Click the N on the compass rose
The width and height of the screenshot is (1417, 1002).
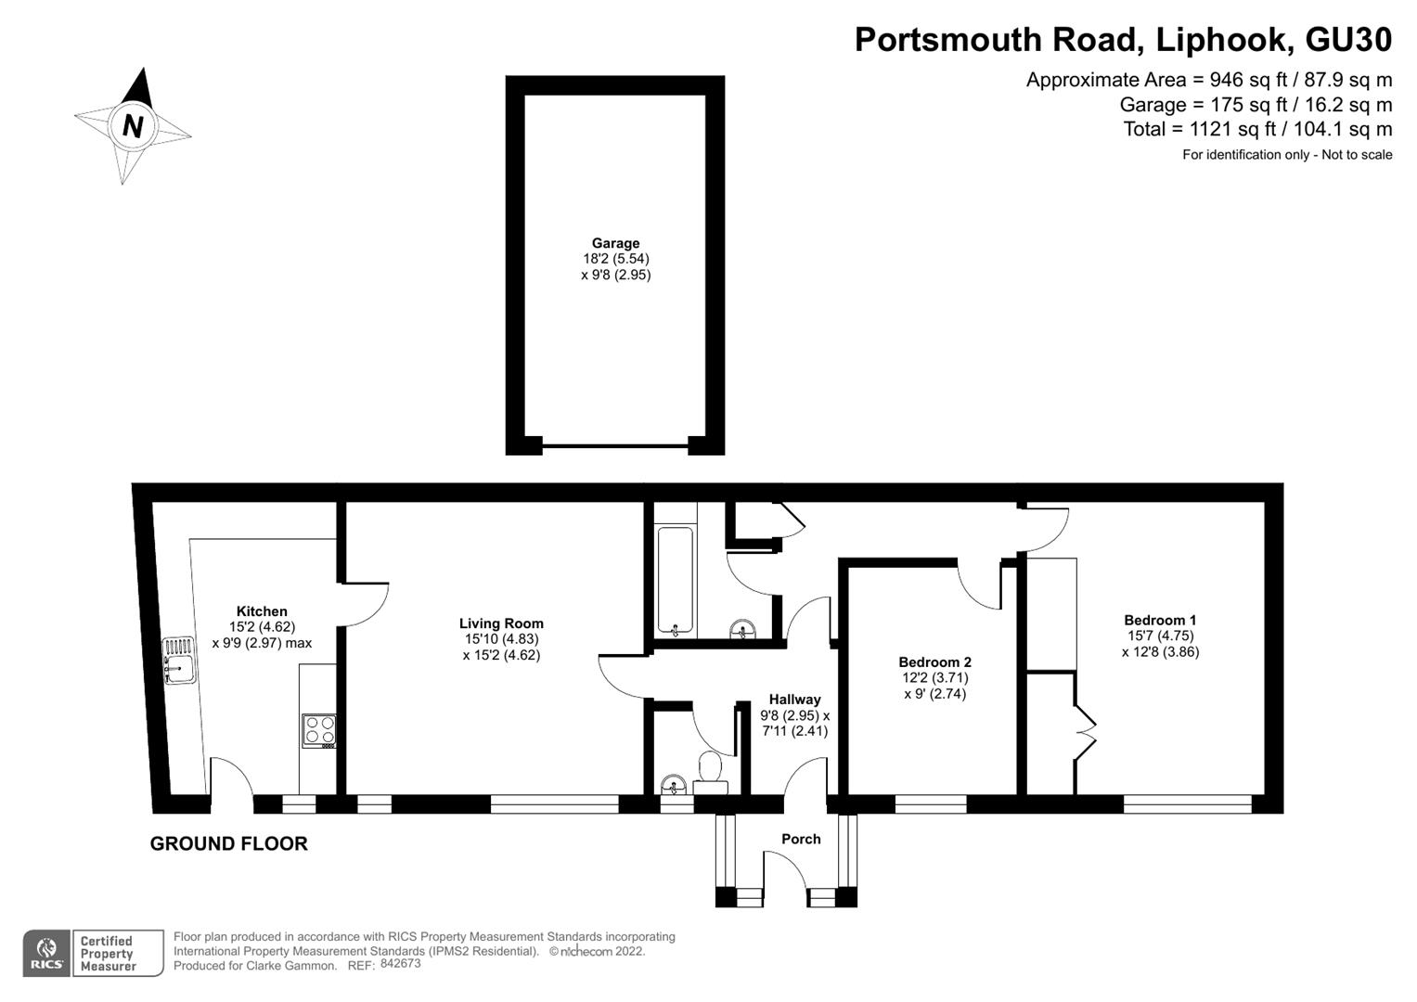pyautogui.click(x=133, y=125)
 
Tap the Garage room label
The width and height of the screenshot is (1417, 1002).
pyautogui.click(x=615, y=244)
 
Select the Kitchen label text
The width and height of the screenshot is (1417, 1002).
pyautogui.click(x=262, y=611)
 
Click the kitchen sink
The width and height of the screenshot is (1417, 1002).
pyautogui.click(x=177, y=660)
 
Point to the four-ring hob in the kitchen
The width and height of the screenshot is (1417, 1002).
pyautogui.click(x=318, y=730)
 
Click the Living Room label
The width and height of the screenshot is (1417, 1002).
pyautogui.click(x=501, y=623)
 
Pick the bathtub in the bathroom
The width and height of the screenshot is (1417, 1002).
pyautogui.click(x=675, y=581)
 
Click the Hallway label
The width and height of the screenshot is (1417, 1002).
pyautogui.click(x=794, y=700)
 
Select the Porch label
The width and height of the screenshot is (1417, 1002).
pyautogui.click(x=801, y=839)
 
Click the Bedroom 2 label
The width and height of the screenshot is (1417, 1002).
pyautogui.click(x=934, y=662)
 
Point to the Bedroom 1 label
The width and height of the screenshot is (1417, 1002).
pyautogui.click(x=1160, y=621)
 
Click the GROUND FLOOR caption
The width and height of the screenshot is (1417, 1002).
pyautogui.click(x=228, y=843)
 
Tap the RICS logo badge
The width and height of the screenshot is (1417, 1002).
pyautogui.click(x=46, y=953)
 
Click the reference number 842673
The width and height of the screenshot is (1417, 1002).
pyautogui.click(x=400, y=963)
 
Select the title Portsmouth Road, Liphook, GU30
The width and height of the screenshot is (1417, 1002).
pyautogui.click(x=1123, y=40)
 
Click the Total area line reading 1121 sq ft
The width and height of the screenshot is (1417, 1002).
pyautogui.click(x=1257, y=129)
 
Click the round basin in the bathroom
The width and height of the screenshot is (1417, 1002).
pyautogui.click(x=742, y=630)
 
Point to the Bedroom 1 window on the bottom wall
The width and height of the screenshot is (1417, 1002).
pyautogui.click(x=1187, y=803)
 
